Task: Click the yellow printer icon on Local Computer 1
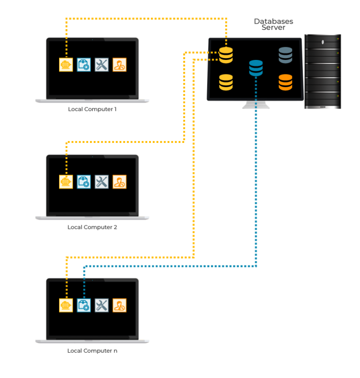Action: (x=66, y=65)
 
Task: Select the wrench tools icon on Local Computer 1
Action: (x=102, y=65)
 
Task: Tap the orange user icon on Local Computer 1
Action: (x=120, y=65)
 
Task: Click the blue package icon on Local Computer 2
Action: (x=84, y=182)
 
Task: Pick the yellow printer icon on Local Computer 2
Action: (x=66, y=182)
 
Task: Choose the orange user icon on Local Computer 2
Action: (x=120, y=182)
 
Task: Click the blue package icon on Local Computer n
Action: (x=84, y=305)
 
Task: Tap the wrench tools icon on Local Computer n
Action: (x=102, y=305)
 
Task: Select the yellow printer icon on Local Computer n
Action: (x=66, y=305)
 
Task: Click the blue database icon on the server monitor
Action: (x=256, y=68)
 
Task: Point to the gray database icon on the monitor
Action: (x=285, y=55)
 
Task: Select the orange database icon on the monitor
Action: (x=285, y=82)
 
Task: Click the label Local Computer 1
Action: (x=92, y=109)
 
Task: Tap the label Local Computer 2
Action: (x=92, y=227)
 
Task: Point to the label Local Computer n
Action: (x=92, y=350)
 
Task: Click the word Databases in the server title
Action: (x=274, y=22)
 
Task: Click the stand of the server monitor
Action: (x=256, y=105)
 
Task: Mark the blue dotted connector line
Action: (x=256, y=187)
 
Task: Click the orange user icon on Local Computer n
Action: (x=120, y=305)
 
